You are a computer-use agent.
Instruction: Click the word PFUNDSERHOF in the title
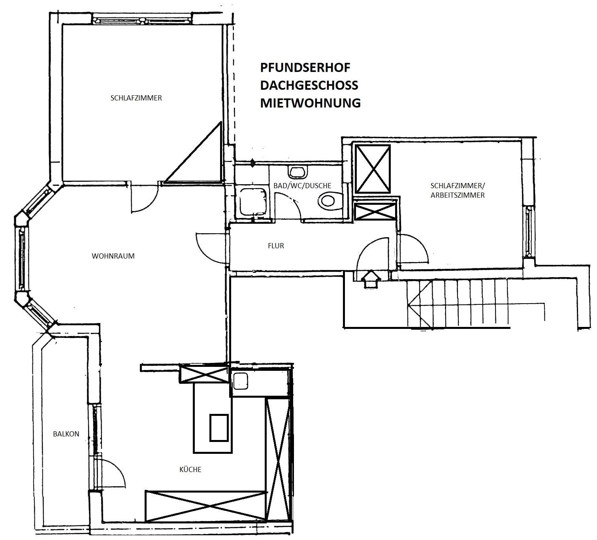coord(305,68)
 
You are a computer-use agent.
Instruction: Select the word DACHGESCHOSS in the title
coord(309,85)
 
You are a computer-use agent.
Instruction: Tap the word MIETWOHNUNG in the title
coord(311,103)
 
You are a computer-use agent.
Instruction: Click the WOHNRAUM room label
coord(113,256)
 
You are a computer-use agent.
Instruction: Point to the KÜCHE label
coord(190,469)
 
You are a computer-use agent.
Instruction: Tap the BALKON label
coord(66,434)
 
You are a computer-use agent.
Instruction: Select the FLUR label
coord(276,246)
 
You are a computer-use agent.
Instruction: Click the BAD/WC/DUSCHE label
coord(302,185)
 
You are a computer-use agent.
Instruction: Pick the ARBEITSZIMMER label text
coord(458,195)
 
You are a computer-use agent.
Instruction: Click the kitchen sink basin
coord(241,381)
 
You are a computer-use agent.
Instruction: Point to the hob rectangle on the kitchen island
coord(219,427)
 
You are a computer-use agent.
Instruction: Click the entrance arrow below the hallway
coord(371,279)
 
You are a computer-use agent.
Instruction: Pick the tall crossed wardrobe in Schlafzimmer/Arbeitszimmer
coord(373,169)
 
